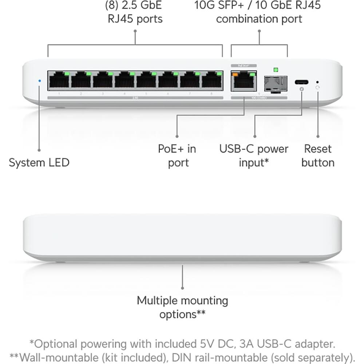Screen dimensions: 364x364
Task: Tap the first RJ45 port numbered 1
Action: (x=59, y=80)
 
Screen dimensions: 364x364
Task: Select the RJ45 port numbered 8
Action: (x=212, y=80)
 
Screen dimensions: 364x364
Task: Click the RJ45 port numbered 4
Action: (x=125, y=80)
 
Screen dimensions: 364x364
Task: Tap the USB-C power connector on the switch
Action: (x=301, y=82)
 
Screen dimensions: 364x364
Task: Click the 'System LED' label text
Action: (x=39, y=162)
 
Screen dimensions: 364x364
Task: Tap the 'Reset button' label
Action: (x=318, y=155)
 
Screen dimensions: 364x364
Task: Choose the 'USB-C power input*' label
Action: (x=254, y=155)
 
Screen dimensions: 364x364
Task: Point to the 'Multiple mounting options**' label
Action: (x=182, y=307)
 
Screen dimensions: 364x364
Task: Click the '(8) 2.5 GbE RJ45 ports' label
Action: (x=135, y=12)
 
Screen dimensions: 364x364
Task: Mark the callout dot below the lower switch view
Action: (x=182, y=287)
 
